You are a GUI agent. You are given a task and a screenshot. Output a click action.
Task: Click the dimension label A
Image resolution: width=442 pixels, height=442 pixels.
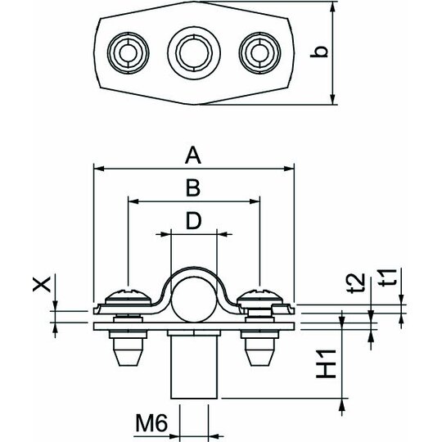[x=193, y=156]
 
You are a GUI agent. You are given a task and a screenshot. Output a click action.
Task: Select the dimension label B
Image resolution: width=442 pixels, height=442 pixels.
[x=193, y=188]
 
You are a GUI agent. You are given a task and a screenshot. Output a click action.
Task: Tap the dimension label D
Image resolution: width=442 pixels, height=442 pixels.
[x=194, y=221]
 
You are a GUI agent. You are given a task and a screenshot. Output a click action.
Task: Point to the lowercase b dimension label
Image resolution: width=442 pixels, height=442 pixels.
[x=319, y=52]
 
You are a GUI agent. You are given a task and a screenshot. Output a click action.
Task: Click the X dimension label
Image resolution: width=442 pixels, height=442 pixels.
[x=42, y=284]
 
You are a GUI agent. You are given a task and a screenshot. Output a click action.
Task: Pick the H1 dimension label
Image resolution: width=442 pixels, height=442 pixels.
[x=326, y=363]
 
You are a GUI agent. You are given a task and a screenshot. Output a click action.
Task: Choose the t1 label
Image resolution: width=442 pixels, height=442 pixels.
[x=388, y=277]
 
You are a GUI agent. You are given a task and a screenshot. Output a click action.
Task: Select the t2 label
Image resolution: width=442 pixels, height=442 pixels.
[x=356, y=283]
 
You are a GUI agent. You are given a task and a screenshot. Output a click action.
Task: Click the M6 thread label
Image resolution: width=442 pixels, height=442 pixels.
[x=151, y=423]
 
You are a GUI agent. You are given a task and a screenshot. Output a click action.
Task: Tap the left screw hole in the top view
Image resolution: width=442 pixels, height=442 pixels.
[x=129, y=52]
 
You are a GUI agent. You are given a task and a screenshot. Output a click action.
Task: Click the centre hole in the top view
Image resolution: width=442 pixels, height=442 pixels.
[x=194, y=52]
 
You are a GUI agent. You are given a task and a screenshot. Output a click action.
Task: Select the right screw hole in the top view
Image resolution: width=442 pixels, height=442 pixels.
[x=259, y=52]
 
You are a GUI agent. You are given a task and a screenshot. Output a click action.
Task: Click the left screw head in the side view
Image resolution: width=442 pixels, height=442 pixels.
[x=129, y=296]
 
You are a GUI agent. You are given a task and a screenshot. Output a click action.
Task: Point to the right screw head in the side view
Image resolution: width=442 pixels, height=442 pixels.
[x=259, y=296]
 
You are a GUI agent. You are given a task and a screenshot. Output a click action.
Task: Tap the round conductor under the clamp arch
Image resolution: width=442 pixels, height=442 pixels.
[x=194, y=299]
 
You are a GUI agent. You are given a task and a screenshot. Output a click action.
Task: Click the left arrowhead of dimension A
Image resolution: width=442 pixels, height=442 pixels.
[x=99, y=169]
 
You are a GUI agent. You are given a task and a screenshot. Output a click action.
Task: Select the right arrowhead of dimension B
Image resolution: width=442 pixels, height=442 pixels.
[x=255, y=201]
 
